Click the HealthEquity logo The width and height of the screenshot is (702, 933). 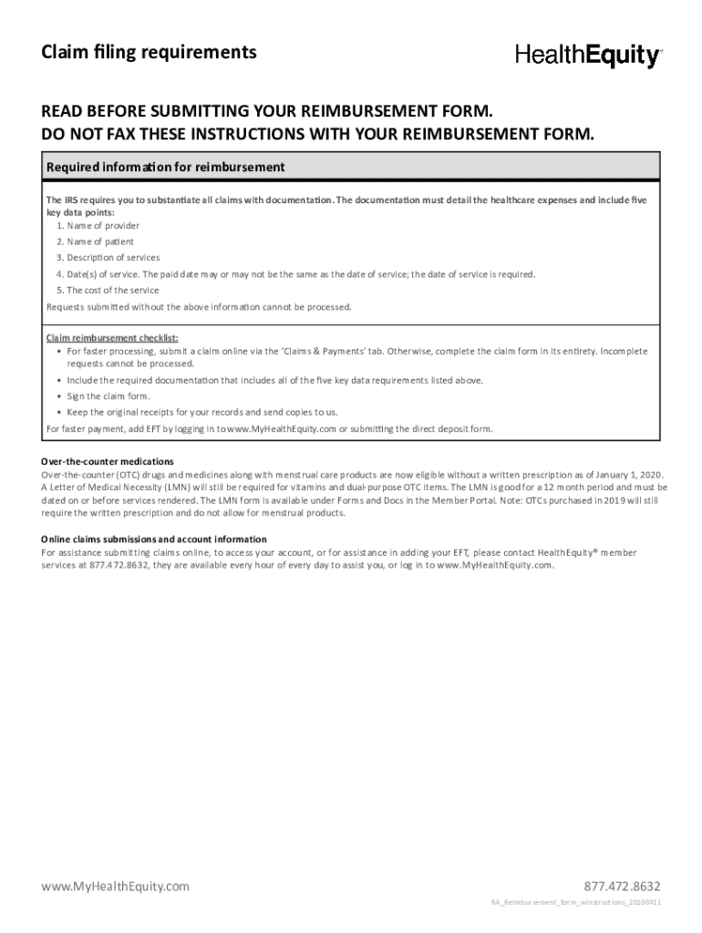[x=588, y=56]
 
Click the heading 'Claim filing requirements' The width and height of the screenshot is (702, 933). [x=149, y=52]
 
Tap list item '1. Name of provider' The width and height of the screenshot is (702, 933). [x=98, y=225]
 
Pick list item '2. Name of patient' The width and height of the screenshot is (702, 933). [x=95, y=241]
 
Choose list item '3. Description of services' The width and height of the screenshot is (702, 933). [x=108, y=258]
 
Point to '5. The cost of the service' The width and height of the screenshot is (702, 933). [x=107, y=291]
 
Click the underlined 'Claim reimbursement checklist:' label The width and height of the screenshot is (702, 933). [x=112, y=337]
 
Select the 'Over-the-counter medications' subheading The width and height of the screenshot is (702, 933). [x=108, y=461]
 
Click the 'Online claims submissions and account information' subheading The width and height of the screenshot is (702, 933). [x=154, y=539]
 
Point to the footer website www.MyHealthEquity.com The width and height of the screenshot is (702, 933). [x=115, y=887]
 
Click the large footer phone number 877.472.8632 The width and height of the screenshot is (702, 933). [x=623, y=887]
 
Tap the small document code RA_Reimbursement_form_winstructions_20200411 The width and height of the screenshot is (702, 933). [x=576, y=902]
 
